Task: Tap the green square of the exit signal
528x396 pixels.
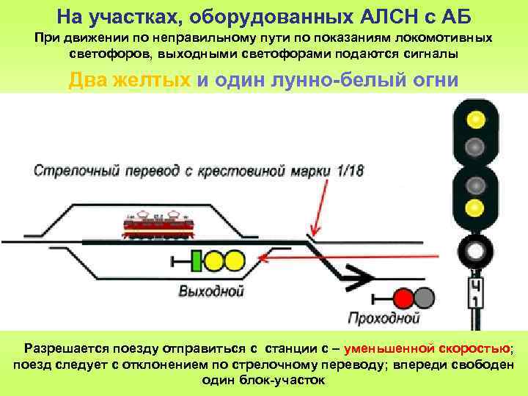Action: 195,260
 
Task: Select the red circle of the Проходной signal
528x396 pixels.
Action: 403,297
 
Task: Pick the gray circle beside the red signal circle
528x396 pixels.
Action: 424,297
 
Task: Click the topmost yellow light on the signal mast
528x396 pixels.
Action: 476,118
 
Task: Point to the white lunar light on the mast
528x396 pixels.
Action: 476,252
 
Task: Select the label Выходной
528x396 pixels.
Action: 211,291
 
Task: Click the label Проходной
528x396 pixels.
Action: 384,318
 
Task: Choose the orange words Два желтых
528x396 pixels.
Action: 130,81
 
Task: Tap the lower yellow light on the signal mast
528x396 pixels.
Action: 476,207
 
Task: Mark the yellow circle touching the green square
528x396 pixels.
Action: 214,260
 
